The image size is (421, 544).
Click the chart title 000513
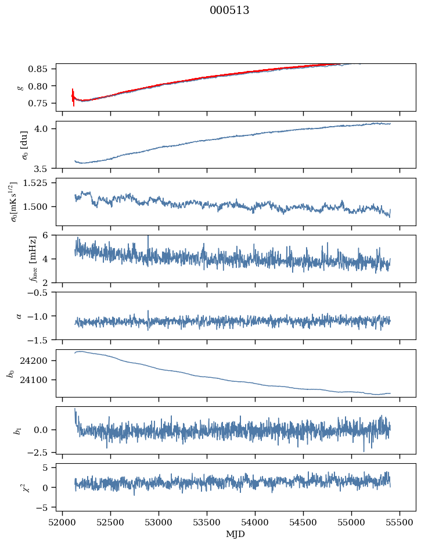[x=229, y=10]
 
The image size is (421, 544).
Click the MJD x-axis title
[x=236, y=534]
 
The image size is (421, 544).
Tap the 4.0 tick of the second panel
[x=46, y=128]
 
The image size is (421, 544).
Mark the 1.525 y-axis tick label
[x=39, y=183]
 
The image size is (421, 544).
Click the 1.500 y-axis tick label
[x=39, y=207]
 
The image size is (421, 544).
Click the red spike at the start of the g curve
[x=73, y=96]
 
